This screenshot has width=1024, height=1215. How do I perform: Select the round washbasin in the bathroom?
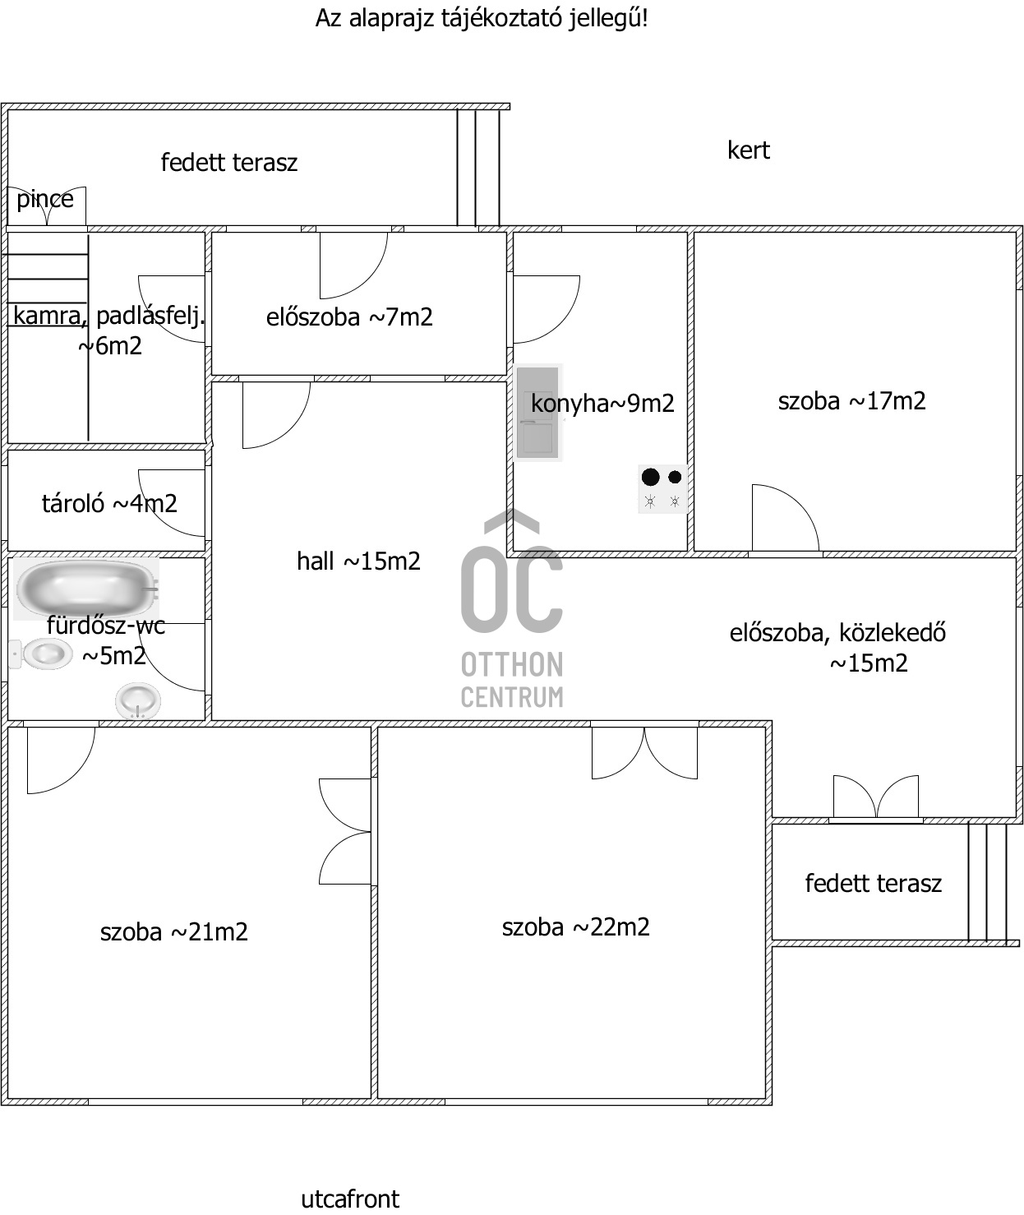[x=137, y=702]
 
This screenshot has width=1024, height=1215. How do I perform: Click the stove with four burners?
[x=662, y=488]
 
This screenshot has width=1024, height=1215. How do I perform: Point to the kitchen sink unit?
[x=537, y=412]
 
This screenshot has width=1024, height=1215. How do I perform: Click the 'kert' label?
[x=748, y=150]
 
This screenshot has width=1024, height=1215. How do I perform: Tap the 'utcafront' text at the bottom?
[x=350, y=1199]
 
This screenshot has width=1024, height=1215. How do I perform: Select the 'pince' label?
[x=45, y=199]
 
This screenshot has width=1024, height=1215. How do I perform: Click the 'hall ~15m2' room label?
[x=358, y=561]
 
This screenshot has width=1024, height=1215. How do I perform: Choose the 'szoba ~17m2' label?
[x=851, y=401]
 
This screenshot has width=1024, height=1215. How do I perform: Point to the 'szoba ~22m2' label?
[x=575, y=927]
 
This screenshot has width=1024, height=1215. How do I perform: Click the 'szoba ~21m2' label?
[x=173, y=932]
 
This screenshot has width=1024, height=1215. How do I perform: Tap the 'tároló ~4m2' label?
[x=109, y=503]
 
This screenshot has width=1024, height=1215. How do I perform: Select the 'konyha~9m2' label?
[x=602, y=404]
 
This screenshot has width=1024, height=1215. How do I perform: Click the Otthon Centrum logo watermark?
[x=512, y=612]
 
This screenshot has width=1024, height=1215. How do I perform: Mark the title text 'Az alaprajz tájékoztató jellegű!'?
[x=482, y=18]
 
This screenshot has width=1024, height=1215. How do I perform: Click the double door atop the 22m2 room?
[x=644, y=751]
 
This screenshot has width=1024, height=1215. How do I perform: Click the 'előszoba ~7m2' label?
[x=349, y=317]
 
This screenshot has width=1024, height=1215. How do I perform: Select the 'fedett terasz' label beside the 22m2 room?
[x=873, y=884]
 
